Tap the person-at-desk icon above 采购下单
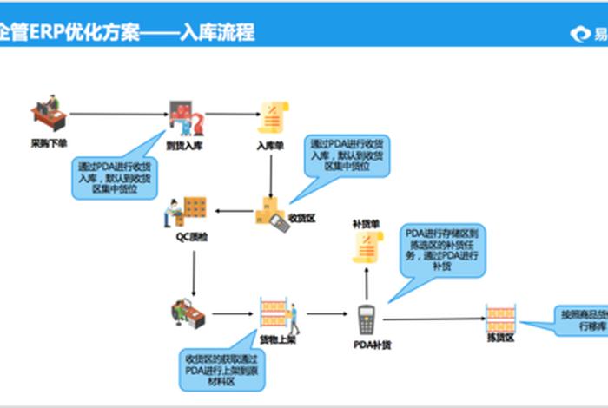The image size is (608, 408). tap(47, 113)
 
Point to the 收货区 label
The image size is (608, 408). tap(301, 219)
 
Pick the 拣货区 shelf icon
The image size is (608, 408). tap(500, 318)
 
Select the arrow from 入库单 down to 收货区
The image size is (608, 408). tap(272, 174)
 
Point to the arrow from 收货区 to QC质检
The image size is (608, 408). tap(233, 211)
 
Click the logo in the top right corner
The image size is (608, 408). tap(586, 34)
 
